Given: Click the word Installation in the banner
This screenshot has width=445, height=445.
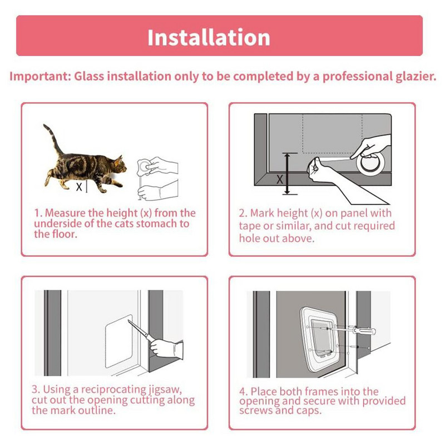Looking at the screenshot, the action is point(209,37).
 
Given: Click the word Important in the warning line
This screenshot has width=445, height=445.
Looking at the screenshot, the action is point(40,77).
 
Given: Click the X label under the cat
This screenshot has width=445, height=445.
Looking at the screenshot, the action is point(79,187).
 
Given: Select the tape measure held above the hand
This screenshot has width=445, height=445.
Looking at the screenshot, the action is point(144,167).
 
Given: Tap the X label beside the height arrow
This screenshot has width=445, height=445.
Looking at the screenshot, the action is point(280,179).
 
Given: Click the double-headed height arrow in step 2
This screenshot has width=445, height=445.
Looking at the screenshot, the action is point(288,174).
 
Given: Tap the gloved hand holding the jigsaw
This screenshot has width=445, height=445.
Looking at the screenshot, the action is point(166,349).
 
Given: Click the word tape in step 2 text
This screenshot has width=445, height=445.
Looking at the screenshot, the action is point(249,226).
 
